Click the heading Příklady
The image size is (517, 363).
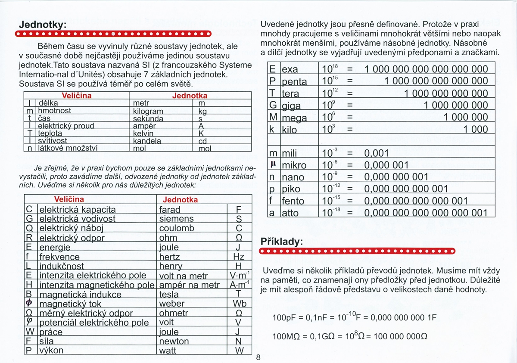(282, 242)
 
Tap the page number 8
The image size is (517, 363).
(258, 357)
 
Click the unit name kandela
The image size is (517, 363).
(147, 141)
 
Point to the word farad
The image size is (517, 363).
(170, 210)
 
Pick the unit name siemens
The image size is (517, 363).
(177, 219)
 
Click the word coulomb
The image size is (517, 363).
(177, 228)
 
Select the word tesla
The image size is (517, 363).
(169, 294)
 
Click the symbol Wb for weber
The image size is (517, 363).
(239, 304)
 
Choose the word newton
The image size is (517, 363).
(174, 341)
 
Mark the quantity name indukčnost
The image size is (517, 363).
(62, 266)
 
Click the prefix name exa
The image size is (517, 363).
(290, 69)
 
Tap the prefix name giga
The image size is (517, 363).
(291, 106)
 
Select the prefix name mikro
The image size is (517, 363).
(293, 165)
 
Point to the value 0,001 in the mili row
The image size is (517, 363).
(377, 153)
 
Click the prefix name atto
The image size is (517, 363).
(290, 213)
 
